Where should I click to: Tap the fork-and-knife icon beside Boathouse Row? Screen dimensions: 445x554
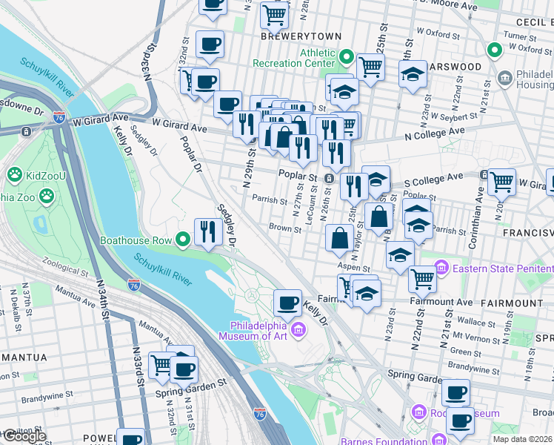tap(208, 232)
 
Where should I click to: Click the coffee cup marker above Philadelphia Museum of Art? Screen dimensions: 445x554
tap(287, 303)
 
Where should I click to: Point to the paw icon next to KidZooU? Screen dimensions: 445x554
tap(13, 174)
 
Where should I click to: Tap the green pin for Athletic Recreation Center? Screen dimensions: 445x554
tap(346, 57)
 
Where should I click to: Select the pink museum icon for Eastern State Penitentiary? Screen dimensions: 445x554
tap(442, 266)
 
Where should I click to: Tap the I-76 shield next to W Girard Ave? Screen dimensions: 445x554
tap(59, 117)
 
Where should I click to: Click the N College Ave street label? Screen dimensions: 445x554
tap(437, 131)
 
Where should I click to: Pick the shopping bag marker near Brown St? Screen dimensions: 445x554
tap(339, 238)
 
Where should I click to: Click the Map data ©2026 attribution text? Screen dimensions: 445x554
tap(523, 439)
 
